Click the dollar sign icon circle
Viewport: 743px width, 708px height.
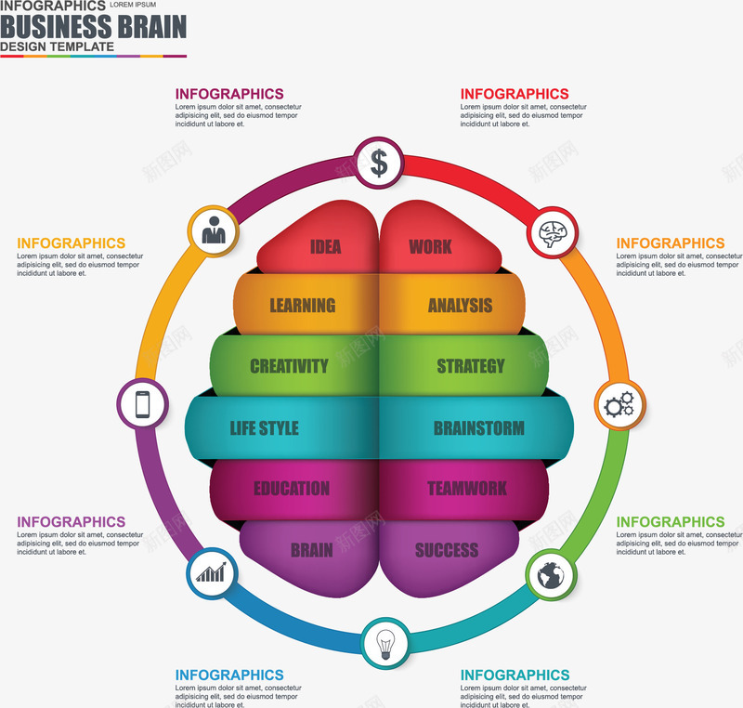[x=379, y=163]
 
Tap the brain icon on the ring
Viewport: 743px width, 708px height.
[x=554, y=232]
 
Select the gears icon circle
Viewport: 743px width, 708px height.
[x=619, y=404]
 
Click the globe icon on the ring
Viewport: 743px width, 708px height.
[x=550, y=576]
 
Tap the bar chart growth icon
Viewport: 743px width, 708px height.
[x=211, y=572]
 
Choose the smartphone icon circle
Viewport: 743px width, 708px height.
[x=142, y=404]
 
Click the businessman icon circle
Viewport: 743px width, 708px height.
[x=214, y=229]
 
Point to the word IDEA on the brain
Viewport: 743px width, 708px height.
[x=326, y=247]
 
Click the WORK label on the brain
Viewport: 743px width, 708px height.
[x=430, y=247]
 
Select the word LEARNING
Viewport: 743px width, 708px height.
[x=303, y=306]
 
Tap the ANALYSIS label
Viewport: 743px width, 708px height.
[x=461, y=306]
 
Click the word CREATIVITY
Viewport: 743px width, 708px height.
[x=289, y=366]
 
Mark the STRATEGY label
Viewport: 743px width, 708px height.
[x=471, y=366]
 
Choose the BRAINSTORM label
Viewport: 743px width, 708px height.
[x=478, y=428]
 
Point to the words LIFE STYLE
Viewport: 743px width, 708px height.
[x=265, y=428]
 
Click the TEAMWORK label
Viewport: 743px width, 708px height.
[x=467, y=489]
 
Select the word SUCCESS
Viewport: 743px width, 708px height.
[x=447, y=550]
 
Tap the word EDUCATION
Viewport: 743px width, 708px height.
[x=292, y=489]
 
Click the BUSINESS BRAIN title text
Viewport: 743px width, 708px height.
[x=93, y=26]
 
